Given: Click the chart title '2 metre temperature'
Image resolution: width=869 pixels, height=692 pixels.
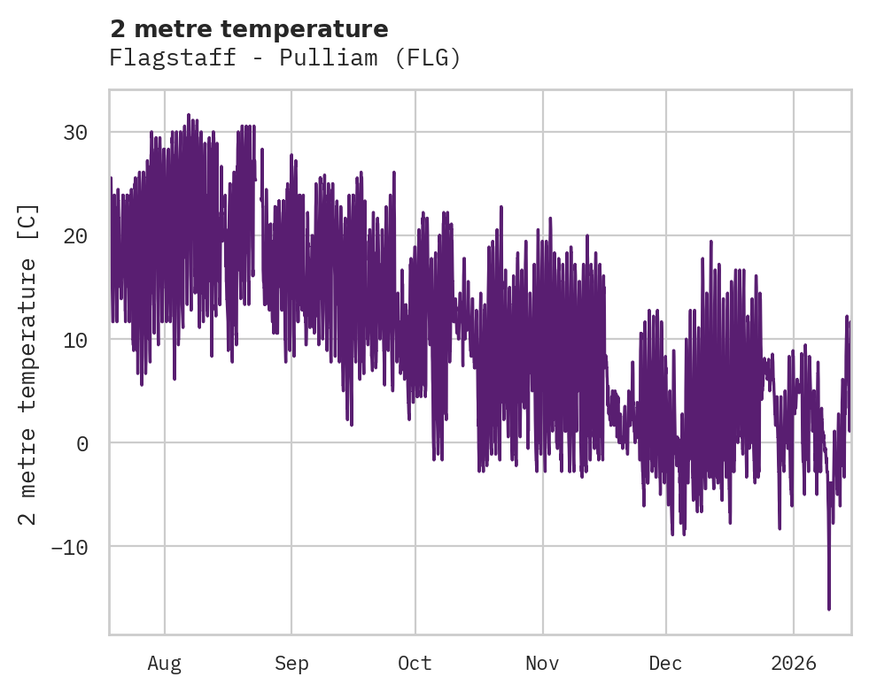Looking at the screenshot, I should [249, 29].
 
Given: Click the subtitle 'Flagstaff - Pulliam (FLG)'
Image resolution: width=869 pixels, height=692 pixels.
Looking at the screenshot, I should [284, 58].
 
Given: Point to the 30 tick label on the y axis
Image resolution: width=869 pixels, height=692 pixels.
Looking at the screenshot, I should [76, 133].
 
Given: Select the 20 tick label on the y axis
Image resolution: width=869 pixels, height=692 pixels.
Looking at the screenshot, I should [76, 236].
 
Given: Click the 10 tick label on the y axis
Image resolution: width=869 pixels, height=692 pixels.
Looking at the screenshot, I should [76, 340].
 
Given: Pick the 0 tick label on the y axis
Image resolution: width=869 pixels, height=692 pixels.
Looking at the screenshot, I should [82, 443].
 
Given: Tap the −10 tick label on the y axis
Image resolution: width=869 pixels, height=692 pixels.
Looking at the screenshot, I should [70, 547].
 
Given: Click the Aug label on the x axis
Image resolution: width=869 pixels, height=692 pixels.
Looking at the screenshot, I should [165, 663].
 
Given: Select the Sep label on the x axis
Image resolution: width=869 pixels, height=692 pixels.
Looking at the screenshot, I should [291, 663].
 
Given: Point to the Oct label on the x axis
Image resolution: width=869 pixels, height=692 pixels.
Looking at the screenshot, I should [415, 663].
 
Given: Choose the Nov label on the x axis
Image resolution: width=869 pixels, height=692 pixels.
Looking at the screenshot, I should [542, 663].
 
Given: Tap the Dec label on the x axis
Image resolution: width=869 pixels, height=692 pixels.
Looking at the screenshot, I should [665, 663].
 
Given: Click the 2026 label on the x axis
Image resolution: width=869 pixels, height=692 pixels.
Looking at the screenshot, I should [794, 663].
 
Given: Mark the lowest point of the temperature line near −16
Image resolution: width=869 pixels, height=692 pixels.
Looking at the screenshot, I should [829, 609].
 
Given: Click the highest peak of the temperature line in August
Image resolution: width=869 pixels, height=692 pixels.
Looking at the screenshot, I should [189, 115].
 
